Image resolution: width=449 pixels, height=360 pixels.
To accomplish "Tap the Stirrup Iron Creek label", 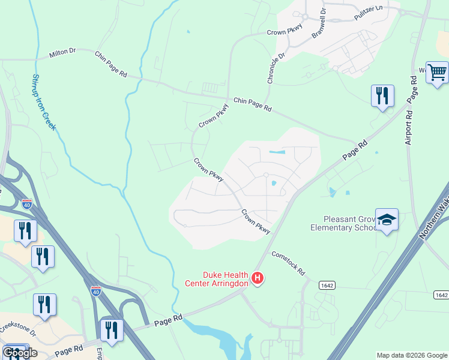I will [x=43, y=102].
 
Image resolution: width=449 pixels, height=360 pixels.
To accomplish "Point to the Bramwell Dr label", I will [x=318, y=24].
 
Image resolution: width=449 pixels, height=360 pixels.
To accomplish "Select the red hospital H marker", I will [x=258, y=278].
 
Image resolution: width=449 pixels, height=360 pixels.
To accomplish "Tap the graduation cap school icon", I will [x=387, y=220].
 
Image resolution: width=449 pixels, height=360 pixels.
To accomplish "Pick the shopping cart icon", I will [x=437, y=73].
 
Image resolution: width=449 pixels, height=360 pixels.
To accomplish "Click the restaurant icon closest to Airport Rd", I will [x=382, y=96].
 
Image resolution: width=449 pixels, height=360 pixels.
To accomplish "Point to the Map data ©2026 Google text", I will [x=412, y=355].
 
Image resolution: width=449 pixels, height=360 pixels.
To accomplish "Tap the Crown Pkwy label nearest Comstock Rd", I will [x=256, y=221].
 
